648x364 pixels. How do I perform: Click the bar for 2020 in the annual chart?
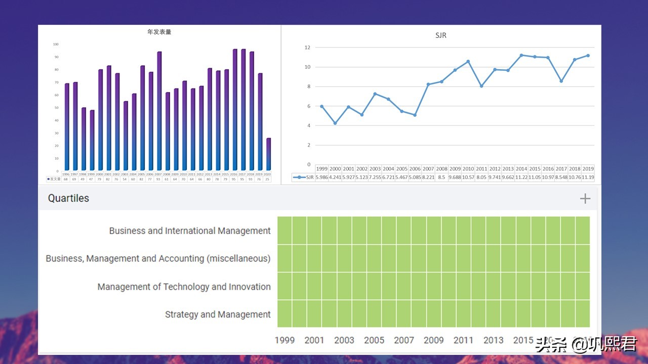click(x=268, y=154)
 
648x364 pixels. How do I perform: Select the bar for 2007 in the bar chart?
click(x=159, y=111)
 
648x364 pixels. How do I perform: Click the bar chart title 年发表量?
click(x=159, y=32)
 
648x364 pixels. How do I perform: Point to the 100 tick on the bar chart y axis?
click(x=56, y=44)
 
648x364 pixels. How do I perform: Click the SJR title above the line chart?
click(x=440, y=35)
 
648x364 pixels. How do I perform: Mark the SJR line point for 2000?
click(x=335, y=123)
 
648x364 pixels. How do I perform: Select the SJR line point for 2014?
click(x=521, y=55)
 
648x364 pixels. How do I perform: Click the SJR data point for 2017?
click(x=561, y=81)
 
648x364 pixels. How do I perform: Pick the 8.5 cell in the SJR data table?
click(x=441, y=177)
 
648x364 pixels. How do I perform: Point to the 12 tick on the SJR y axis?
click(x=307, y=48)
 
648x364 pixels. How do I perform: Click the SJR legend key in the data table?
click(x=303, y=177)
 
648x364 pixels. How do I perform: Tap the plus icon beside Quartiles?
click(x=585, y=198)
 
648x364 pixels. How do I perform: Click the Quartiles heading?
click(x=68, y=198)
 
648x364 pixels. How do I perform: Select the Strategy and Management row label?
click(x=218, y=314)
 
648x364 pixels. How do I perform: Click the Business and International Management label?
click(x=190, y=231)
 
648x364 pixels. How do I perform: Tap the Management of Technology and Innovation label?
click(x=184, y=287)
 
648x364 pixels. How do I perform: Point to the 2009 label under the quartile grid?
click(x=433, y=340)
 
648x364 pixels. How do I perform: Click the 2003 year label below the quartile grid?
click(x=344, y=340)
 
